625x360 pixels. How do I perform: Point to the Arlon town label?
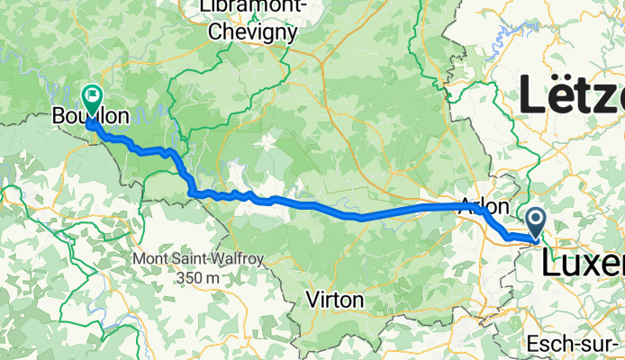[x=485, y=204]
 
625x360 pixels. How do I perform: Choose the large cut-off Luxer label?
[x=582, y=263]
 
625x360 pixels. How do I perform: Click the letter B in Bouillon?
[x=59, y=117]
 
